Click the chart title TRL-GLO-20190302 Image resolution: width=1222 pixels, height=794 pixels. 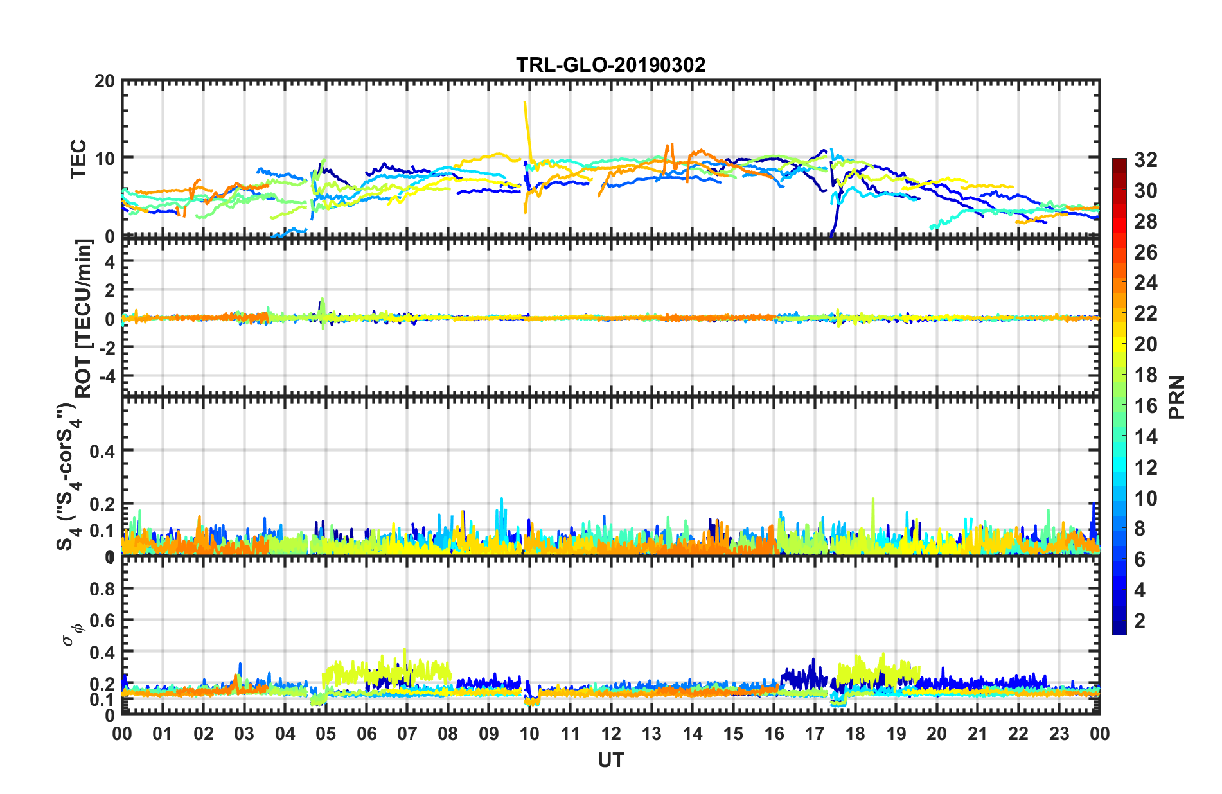click(x=610, y=65)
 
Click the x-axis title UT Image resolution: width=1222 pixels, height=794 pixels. click(x=610, y=761)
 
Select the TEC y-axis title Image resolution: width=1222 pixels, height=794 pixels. click(x=78, y=159)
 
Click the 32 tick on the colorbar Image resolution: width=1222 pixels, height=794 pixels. click(x=1146, y=160)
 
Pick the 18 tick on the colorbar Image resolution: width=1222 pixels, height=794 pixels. click(x=1146, y=375)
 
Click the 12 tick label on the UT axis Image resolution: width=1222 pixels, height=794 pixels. click(x=611, y=734)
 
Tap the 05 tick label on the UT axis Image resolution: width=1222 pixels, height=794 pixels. click(x=326, y=734)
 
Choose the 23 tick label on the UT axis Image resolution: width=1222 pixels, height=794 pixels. click(x=1059, y=734)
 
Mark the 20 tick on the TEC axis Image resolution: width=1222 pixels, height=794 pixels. click(x=105, y=82)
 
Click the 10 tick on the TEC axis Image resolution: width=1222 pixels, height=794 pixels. click(x=105, y=158)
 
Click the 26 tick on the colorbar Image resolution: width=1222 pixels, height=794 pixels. click(x=1146, y=252)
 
